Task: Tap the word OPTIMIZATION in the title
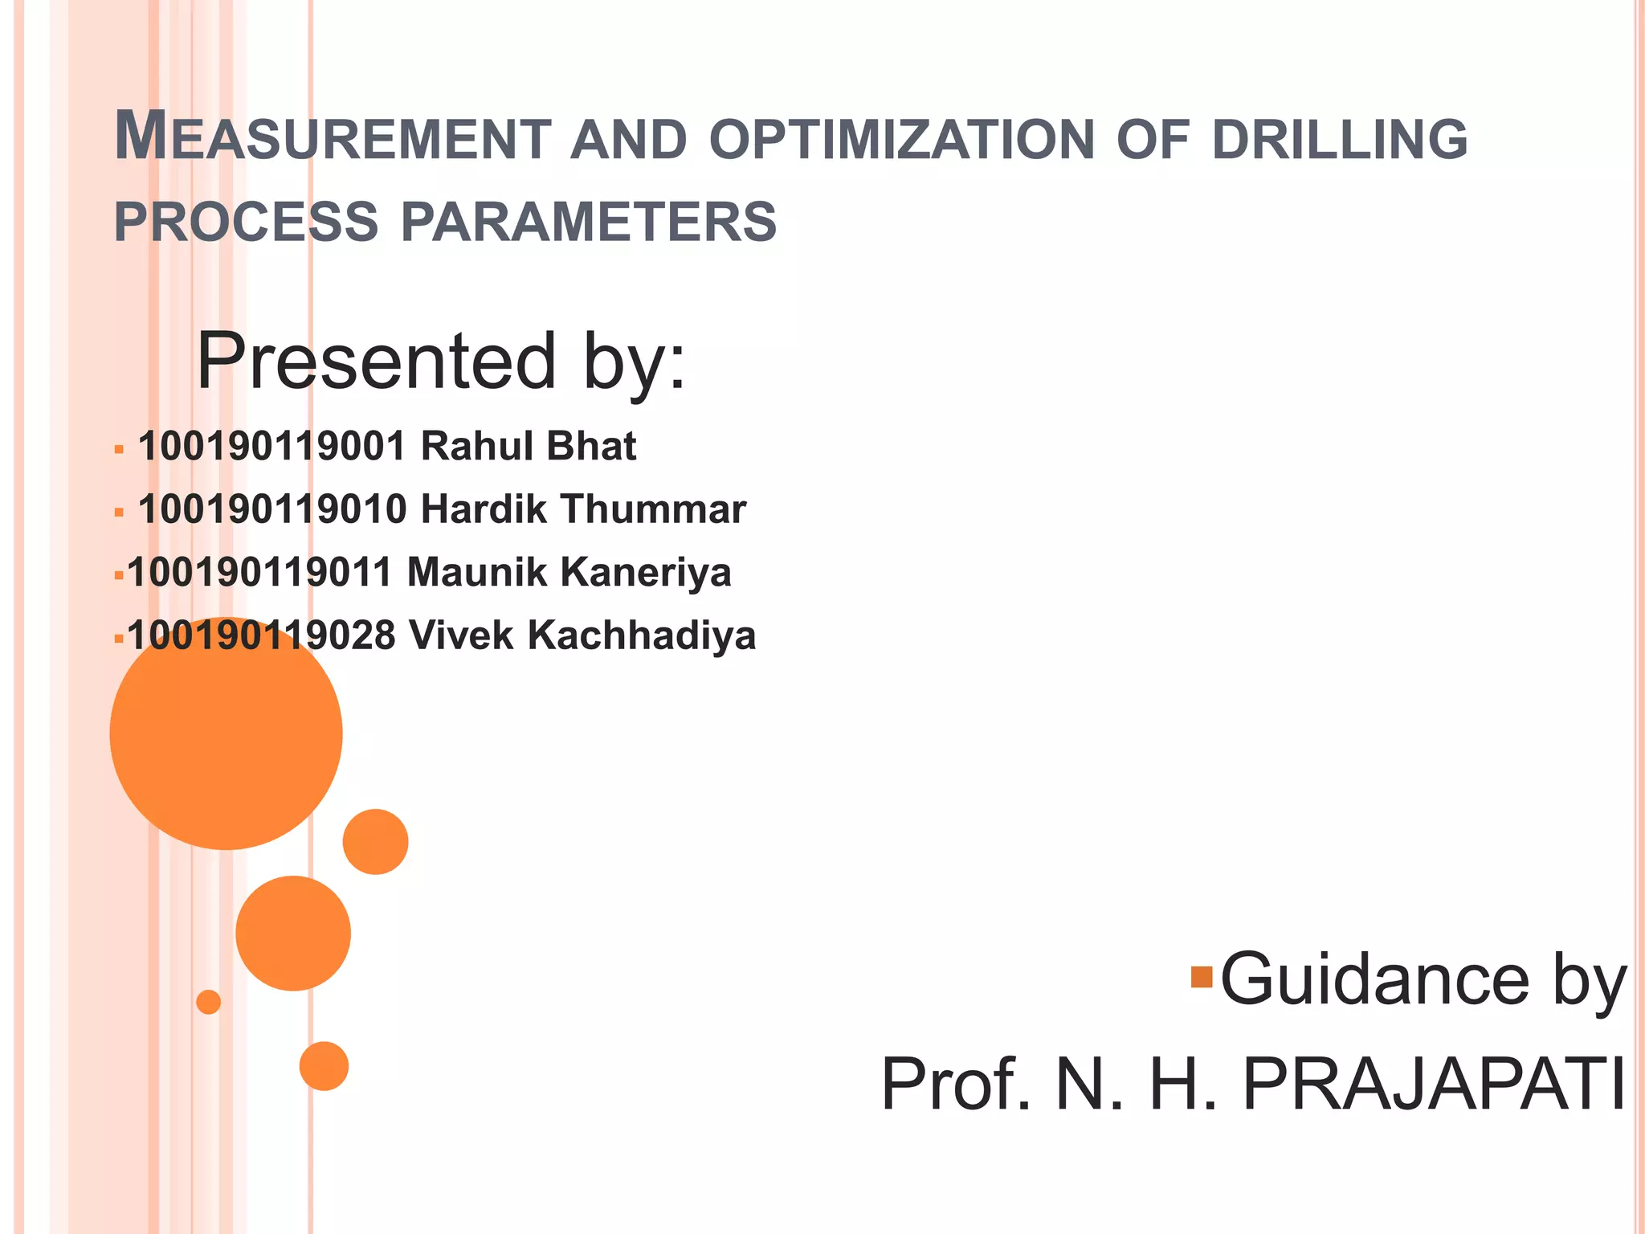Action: pos(902,140)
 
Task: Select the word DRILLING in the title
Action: pos(1339,140)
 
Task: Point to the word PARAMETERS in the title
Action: pos(589,223)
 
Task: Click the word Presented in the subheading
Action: pos(377,362)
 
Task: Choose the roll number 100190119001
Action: pos(272,447)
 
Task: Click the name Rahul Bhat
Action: pos(529,447)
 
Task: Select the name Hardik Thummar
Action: pos(583,509)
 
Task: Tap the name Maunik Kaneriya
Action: pos(569,573)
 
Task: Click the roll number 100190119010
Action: pos(272,509)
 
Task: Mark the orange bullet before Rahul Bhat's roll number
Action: pos(119,449)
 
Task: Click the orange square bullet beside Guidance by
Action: pos(1202,977)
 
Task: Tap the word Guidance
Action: pos(1374,979)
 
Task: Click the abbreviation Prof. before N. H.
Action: pos(956,1085)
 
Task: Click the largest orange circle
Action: pos(226,733)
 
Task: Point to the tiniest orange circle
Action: pos(209,1002)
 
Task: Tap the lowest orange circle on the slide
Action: pos(324,1066)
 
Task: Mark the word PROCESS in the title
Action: pos(246,223)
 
